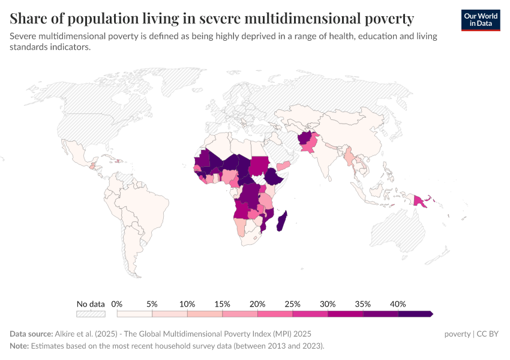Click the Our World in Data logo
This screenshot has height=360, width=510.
480,20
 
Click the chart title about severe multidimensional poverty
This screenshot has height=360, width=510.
212,19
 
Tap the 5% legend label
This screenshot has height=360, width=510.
152,304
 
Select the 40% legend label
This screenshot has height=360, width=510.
398,304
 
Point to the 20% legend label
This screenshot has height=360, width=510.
257,304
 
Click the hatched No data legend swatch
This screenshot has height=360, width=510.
91,314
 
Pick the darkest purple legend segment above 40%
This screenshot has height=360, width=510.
415,314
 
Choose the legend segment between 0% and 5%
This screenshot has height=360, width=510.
134,314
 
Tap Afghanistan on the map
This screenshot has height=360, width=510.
307,140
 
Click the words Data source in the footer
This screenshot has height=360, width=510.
31,334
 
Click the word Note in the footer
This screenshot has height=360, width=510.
20,346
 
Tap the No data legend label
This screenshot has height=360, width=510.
91,304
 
